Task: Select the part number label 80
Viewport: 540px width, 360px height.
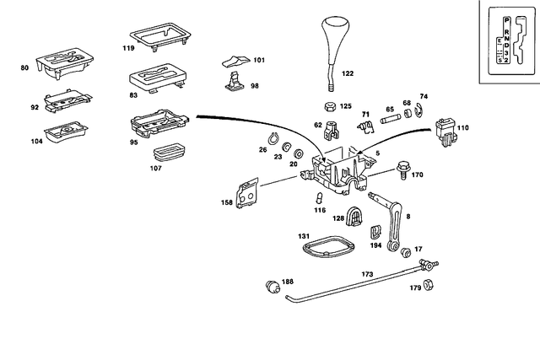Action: tap(24, 66)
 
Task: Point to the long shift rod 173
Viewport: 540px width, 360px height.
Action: tap(354, 284)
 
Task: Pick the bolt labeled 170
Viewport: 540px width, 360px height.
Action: tap(402, 175)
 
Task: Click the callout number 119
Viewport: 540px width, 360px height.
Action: tap(105, 48)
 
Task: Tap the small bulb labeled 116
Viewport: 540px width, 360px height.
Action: tap(320, 197)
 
